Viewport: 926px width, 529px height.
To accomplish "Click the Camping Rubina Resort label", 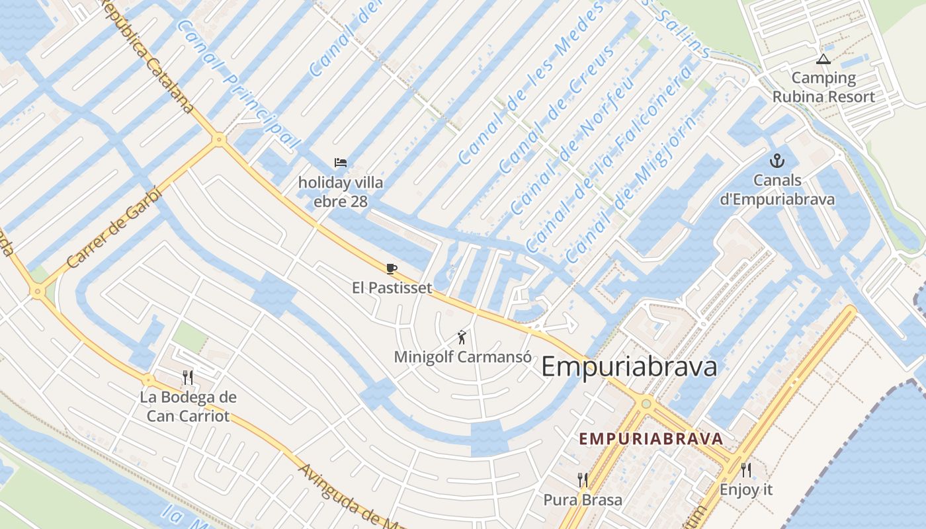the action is pos(823,87).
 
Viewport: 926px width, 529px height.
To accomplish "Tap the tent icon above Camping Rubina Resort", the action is pos(823,60).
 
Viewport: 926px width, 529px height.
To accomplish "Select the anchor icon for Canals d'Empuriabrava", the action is pos(777,161).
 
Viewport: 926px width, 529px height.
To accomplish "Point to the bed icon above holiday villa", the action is pos(341,163).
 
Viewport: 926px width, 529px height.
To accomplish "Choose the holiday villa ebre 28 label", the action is pos(341,192).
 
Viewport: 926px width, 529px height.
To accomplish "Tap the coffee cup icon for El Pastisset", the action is pos(391,268).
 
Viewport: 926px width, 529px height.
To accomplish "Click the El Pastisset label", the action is pos(392,288).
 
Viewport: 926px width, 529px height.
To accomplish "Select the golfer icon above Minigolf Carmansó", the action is pos(462,337).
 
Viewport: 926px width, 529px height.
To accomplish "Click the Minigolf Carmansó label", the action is pos(463,357).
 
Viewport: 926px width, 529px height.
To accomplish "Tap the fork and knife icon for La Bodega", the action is pos(188,378).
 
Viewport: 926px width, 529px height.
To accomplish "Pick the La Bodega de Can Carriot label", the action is pos(188,407).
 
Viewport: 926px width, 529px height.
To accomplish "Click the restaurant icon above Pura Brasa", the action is pos(583,480).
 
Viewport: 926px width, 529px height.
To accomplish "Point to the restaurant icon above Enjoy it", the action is pos(746,470).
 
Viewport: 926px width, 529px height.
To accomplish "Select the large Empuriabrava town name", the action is pos(629,367).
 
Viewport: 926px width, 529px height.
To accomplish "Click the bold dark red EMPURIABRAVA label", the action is pos(651,439).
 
